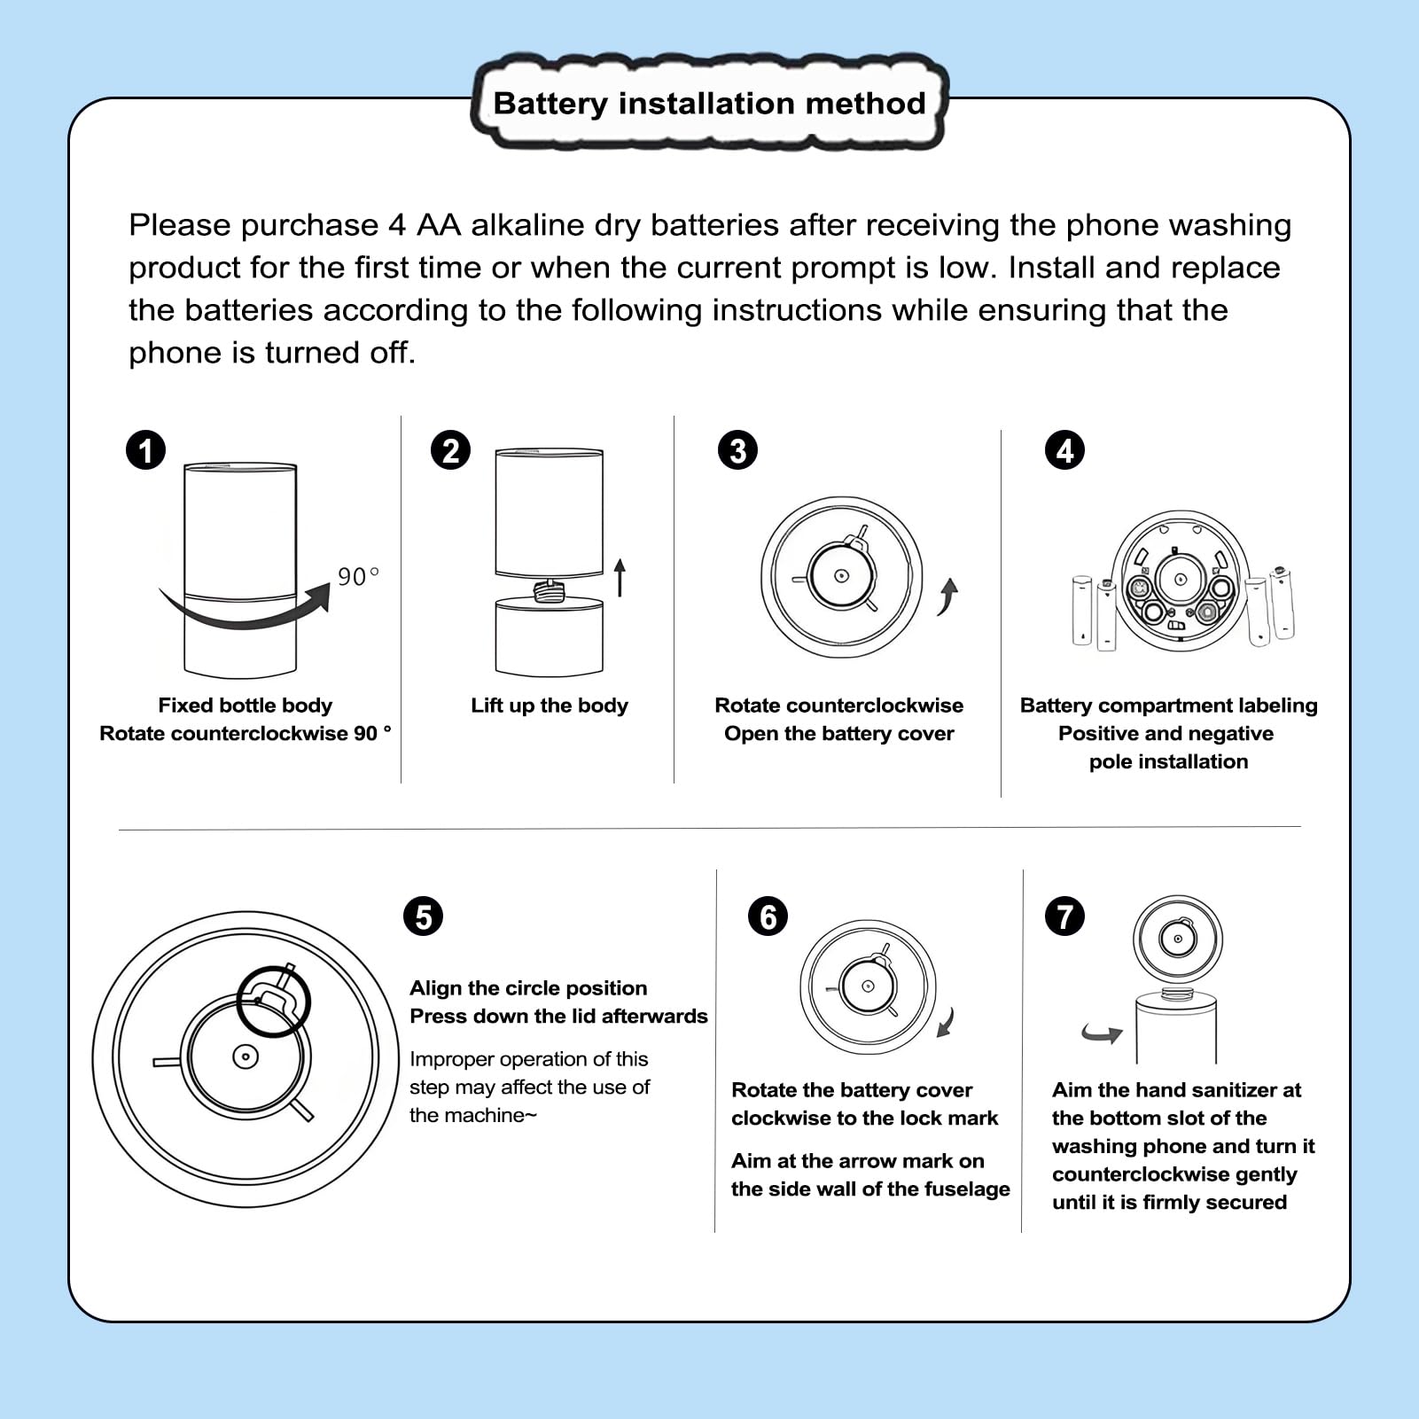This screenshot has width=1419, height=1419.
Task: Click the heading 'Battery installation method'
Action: click(709, 104)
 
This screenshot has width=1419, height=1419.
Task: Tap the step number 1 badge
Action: click(146, 450)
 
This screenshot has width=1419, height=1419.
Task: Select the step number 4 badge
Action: click(1064, 450)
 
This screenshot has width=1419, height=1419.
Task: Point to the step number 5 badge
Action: click(423, 916)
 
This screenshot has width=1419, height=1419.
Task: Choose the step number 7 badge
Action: click(1064, 916)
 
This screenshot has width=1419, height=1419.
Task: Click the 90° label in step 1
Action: click(358, 577)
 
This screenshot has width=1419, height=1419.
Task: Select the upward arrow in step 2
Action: click(620, 577)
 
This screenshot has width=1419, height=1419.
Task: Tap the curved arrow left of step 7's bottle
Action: click(1102, 1033)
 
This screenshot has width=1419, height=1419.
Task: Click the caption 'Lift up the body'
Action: click(550, 706)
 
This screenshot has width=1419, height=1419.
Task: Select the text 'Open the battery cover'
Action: click(838, 734)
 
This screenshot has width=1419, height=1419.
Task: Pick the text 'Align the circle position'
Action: click(528, 988)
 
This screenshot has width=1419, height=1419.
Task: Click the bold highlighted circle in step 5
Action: click(274, 1001)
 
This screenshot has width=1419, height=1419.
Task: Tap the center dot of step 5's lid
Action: click(246, 1056)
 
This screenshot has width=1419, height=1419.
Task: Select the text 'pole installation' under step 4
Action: click(1168, 762)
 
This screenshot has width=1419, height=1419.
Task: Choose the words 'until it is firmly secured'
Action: click(1169, 1203)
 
